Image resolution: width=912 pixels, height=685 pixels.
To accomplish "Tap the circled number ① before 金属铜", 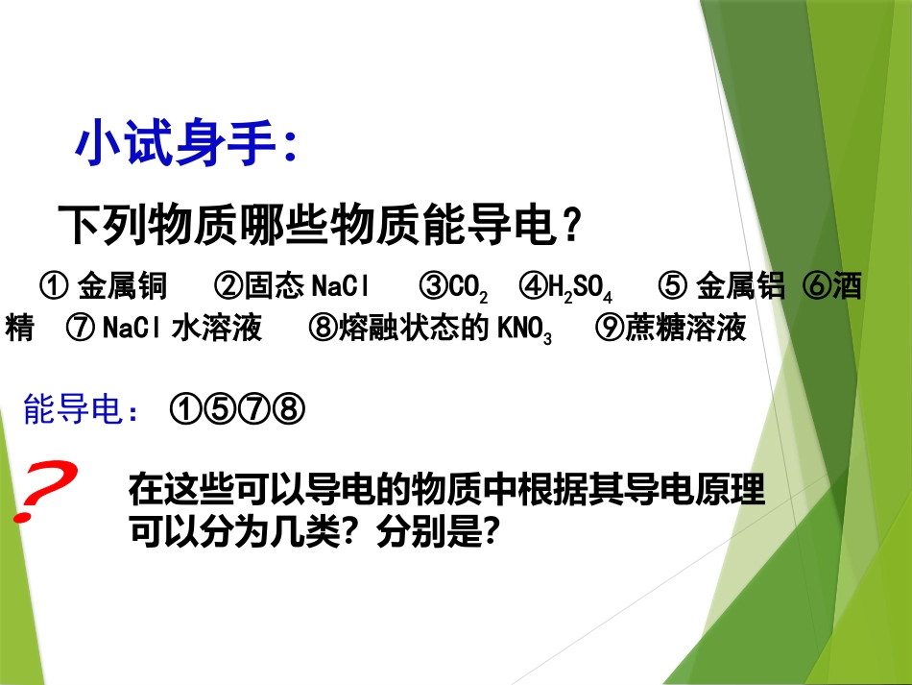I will point(53,287).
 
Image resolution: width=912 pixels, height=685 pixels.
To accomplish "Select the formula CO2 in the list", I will point(468,288).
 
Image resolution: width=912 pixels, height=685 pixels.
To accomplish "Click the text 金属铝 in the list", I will point(741,286).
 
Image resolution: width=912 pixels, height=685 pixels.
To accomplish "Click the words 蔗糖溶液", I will point(684,329).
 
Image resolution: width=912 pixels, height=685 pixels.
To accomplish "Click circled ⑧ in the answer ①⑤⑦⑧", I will point(289,410).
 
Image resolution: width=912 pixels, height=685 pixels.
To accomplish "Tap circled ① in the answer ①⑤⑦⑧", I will point(185,410).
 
